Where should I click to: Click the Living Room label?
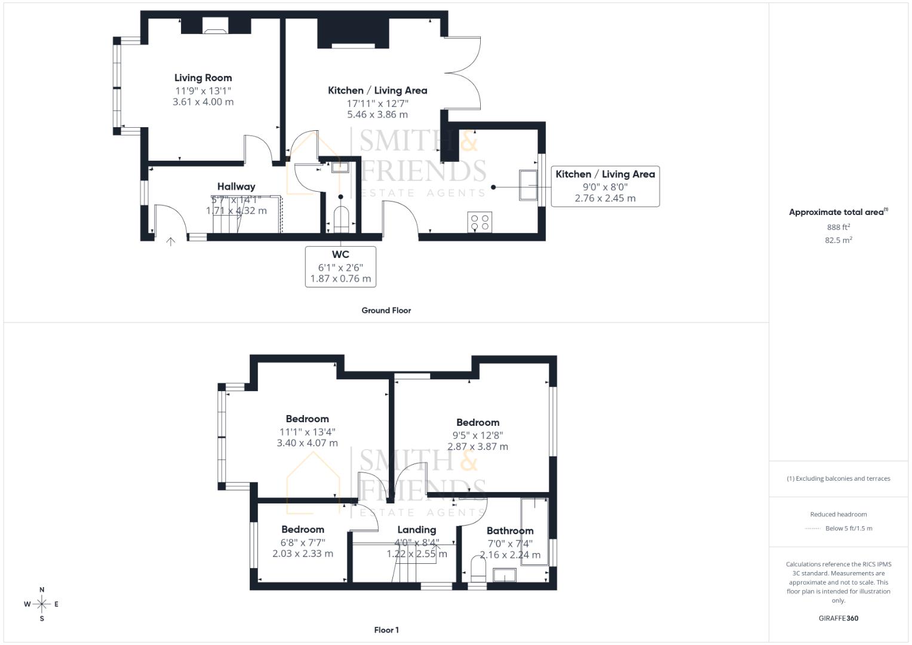(x=203, y=78)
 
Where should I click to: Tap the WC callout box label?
(x=340, y=255)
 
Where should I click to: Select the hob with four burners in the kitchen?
(x=480, y=222)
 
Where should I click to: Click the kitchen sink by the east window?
(x=527, y=185)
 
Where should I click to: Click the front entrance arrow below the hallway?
(x=171, y=241)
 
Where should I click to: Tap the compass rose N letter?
(x=42, y=590)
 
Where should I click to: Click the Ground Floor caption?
(x=386, y=311)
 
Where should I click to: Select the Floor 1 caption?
(x=386, y=630)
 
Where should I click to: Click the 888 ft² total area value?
(x=838, y=228)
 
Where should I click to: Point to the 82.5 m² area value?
(x=838, y=240)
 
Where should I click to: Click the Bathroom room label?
(x=509, y=531)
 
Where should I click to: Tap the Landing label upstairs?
(x=416, y=530)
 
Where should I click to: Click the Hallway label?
(x=236, y=187)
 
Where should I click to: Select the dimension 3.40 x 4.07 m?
(x=307, y=443)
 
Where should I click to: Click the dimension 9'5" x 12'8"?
(x=478, y=435)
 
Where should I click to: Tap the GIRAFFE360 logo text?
(x=838, y=618)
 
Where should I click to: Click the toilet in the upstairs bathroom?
(x=478, y=569)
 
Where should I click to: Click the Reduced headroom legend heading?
(x=838, y=514)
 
